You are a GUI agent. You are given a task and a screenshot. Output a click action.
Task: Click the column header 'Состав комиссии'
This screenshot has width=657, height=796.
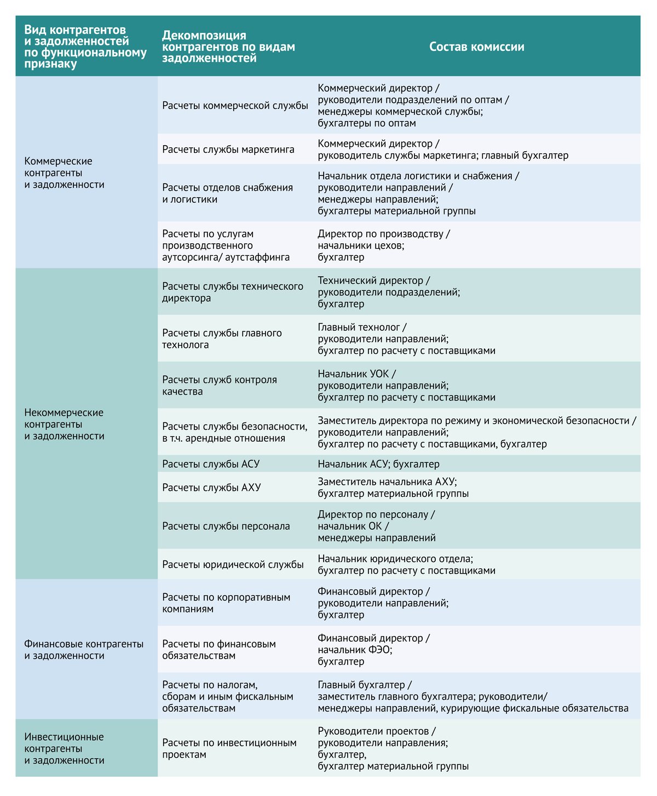(476, 47)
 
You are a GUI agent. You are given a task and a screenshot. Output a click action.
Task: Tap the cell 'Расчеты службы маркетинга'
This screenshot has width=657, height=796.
(228, 150)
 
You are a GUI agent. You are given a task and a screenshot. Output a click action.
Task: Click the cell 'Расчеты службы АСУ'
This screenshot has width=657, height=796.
(211, 464)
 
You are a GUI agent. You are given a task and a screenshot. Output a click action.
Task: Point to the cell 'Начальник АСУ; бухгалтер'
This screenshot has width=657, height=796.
(378, 464)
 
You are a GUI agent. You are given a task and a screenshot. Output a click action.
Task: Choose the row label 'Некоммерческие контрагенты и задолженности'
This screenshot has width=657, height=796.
(65, 424)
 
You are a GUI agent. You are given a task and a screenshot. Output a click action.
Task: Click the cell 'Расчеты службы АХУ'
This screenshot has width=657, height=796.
(211, 487)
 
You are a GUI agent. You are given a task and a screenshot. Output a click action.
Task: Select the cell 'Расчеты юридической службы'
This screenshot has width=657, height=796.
(233, 564)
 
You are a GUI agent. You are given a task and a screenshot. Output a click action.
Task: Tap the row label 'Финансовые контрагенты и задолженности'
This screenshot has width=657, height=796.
(84, 650)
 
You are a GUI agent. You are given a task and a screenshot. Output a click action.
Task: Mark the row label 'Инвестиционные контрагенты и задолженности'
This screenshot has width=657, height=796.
(65, 748)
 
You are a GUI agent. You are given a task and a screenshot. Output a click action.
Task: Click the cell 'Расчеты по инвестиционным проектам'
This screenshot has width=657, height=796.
(229, 748)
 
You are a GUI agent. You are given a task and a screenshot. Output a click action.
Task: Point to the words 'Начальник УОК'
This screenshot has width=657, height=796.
(353, 374)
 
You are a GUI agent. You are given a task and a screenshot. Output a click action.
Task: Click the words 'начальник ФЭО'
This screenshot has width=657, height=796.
(354, 650)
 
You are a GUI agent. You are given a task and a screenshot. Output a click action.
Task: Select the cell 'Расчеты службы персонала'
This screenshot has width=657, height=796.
(226, 526)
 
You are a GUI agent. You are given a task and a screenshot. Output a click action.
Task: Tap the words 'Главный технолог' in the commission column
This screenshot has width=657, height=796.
(359, 327)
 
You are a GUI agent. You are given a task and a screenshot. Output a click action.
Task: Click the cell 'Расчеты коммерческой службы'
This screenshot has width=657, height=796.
(235, 105)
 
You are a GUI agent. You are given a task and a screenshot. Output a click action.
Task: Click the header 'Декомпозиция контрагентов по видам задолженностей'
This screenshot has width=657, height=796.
(228, 47)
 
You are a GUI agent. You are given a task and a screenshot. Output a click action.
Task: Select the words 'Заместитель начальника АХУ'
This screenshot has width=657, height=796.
(386, 481)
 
